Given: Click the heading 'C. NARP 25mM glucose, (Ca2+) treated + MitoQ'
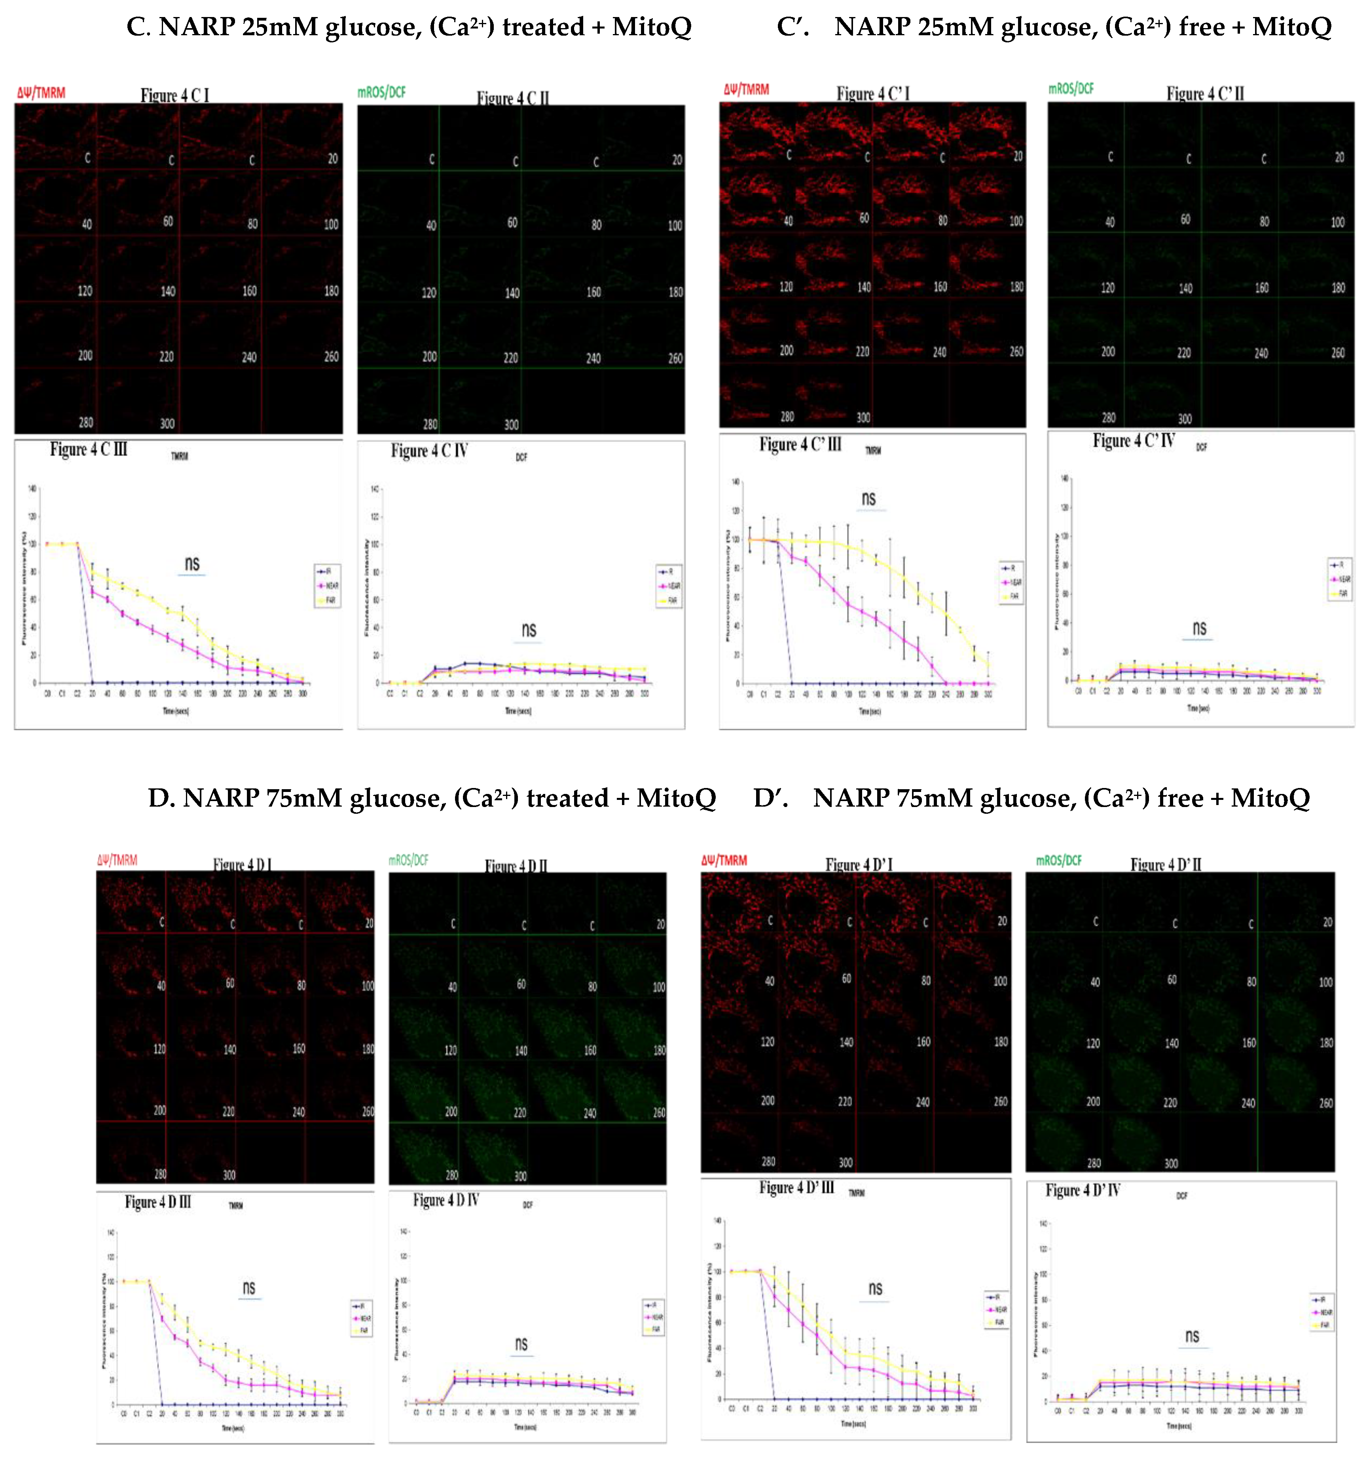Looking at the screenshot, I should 408,28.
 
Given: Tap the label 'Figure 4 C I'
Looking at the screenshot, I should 174,95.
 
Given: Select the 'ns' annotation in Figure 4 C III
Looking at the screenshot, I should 192,563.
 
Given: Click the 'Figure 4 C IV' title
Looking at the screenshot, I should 429,450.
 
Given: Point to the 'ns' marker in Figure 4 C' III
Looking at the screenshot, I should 868,499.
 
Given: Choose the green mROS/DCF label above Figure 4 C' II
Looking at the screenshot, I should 1071,89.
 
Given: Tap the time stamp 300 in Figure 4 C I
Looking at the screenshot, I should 167,423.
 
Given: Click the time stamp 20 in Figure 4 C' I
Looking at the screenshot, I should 1017,156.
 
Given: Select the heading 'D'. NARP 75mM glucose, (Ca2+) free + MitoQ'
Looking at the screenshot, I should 1031,798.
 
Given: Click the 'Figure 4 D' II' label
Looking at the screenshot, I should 1166,865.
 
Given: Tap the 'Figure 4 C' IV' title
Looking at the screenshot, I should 1133,441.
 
